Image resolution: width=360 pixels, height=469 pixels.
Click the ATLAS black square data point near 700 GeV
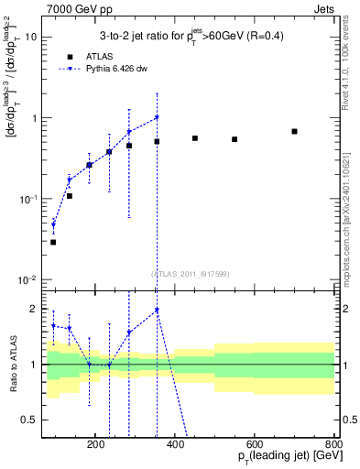[x=294, y=131]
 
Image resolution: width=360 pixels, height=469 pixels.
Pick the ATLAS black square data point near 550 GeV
[x=235, y=139]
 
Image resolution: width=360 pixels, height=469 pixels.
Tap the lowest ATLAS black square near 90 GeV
[x=53, y=242]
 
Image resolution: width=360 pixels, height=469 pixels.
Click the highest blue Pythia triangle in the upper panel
[x=157, y=117]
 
